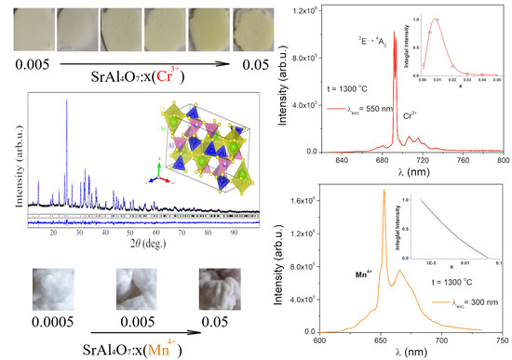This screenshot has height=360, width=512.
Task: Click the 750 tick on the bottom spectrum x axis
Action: pos(502,343)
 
